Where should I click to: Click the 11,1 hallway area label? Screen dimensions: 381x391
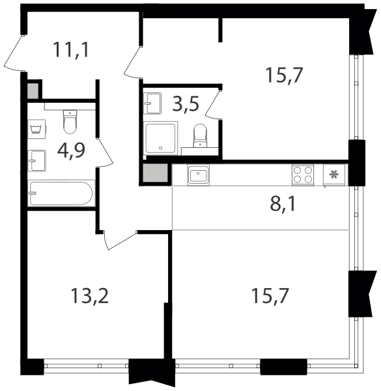(x=71, y=50)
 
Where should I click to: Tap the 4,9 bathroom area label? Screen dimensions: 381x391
(x=71, y=151)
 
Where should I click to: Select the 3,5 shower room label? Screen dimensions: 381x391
(x=186, y=104)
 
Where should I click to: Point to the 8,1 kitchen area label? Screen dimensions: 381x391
(x=282, y=204)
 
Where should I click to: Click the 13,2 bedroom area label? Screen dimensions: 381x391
(x=90, y=296)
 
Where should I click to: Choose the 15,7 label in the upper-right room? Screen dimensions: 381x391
(x=285, y=75)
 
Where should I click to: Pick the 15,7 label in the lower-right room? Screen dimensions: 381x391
(x=270, y=296)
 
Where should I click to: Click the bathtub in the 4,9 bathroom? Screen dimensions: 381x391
(x=61, y=193)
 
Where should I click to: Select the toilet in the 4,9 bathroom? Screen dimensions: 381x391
(x=70, y=122)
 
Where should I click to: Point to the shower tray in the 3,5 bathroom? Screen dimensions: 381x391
(x=161, y=138)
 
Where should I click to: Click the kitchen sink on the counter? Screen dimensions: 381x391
(x=199, y=175)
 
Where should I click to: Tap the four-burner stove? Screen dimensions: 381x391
(x=303, y=175)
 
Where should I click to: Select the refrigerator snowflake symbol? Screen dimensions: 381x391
(x=333, y=174)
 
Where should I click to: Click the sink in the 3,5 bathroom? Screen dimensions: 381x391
(x=152, y=104)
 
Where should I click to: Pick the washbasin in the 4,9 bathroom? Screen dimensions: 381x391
(x=37, y=161)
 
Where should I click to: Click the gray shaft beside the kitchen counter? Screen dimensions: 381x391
(x=155, y=173)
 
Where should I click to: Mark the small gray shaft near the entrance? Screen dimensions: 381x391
(x=33, y=91)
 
